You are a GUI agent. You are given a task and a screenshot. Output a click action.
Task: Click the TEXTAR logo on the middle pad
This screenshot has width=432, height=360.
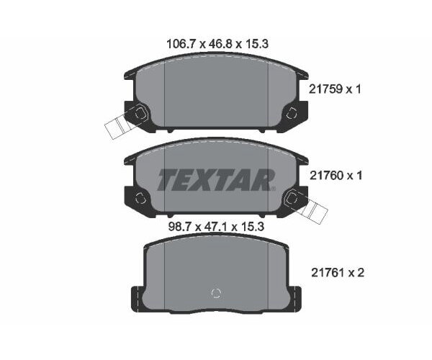click(216, 180)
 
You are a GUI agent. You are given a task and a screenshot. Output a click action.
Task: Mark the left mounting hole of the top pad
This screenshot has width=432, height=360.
click(140, 112)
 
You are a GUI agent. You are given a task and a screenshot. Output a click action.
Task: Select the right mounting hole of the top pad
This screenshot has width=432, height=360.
click(292, 113)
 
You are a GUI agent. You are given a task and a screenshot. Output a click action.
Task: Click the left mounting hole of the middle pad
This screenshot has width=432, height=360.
click(140, 199)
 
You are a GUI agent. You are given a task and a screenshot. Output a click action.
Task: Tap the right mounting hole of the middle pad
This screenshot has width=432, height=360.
click(292, 199)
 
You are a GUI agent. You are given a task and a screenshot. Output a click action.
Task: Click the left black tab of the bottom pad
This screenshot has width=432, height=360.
click(135, 297)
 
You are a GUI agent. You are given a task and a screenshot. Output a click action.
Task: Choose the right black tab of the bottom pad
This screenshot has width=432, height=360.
click(294, 297)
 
